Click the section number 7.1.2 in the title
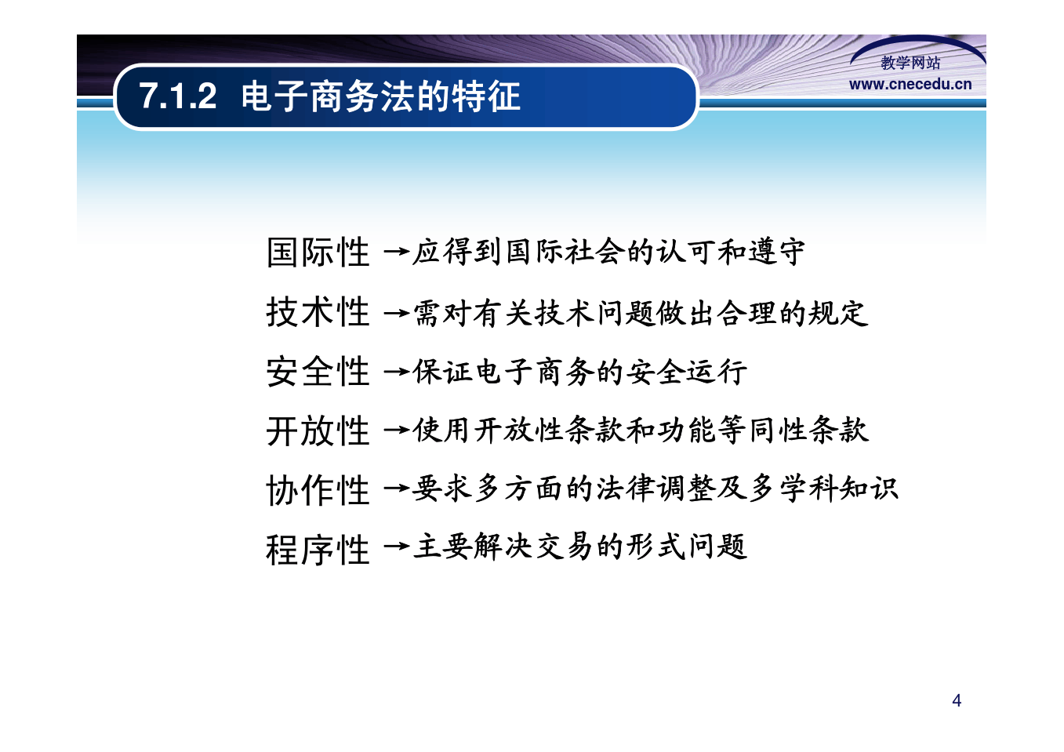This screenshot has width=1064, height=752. tap(178, 96)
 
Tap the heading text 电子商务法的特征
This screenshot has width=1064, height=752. tap(381, 96)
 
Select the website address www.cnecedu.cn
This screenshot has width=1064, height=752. tap(910, 85)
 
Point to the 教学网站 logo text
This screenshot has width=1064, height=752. tap(910, 63)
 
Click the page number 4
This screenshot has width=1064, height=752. tap(957, 701)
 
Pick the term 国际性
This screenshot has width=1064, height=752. tap(318, 252)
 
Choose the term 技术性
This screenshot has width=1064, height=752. tap(318, 311)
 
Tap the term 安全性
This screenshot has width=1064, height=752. tap(318, 372)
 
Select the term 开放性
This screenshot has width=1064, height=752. tap(318, 430)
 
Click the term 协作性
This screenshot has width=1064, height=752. tap(318, 490)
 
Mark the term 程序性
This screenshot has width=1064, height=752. tap(318, 550)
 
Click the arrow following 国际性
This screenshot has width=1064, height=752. tap(396, 251)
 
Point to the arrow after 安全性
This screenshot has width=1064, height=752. tap(396, 371)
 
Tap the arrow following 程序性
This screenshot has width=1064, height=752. tap(396, 546)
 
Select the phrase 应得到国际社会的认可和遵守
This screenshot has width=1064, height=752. tap(608, 251)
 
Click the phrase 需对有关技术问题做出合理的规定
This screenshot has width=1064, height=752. tap(641, 314)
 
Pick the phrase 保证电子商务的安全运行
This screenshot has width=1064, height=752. tap(579, 372)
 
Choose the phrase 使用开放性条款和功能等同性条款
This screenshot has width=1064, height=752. tap(641, 430)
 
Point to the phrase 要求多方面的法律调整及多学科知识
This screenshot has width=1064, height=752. tap(655, 489)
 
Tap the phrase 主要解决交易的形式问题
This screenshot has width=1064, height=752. tap(579, 547)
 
